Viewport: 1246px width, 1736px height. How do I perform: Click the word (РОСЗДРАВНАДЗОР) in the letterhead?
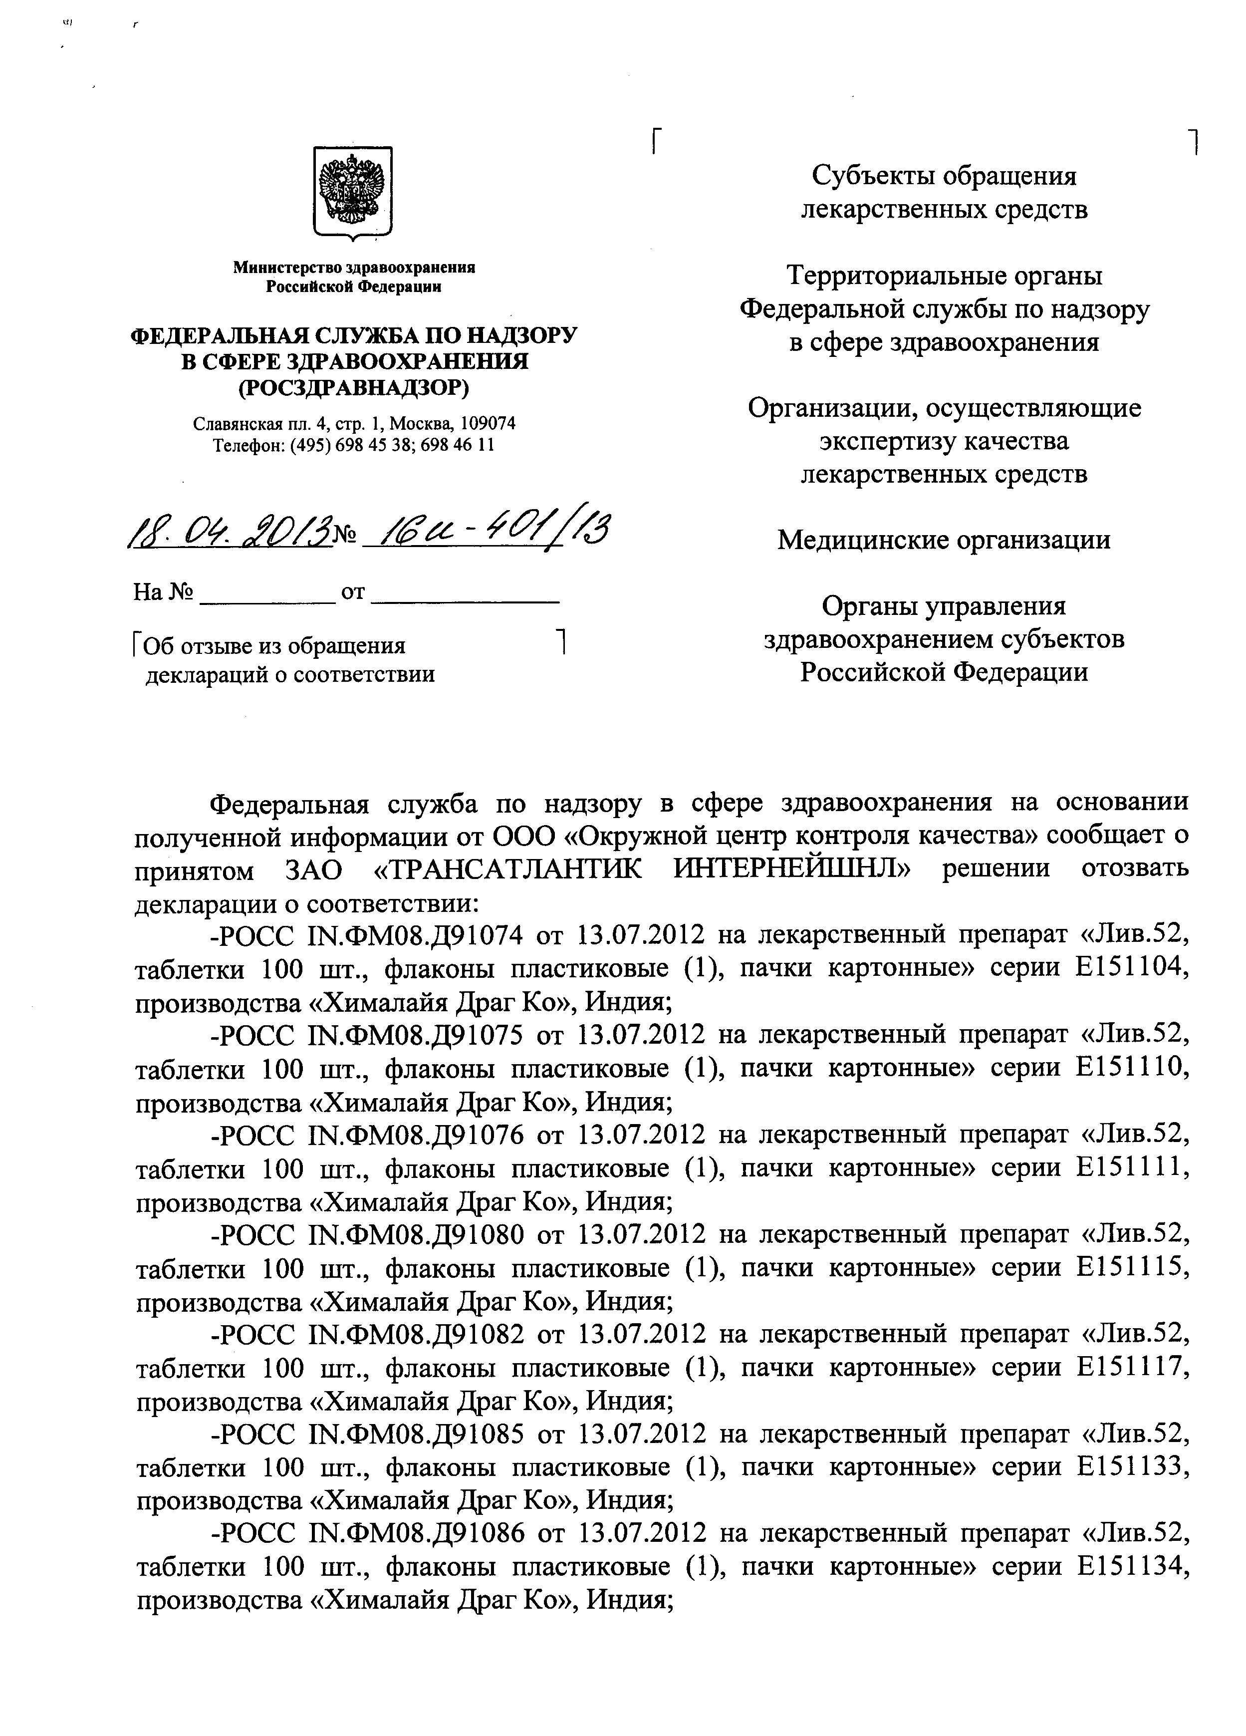354,387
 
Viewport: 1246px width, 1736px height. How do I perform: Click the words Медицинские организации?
943,540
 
